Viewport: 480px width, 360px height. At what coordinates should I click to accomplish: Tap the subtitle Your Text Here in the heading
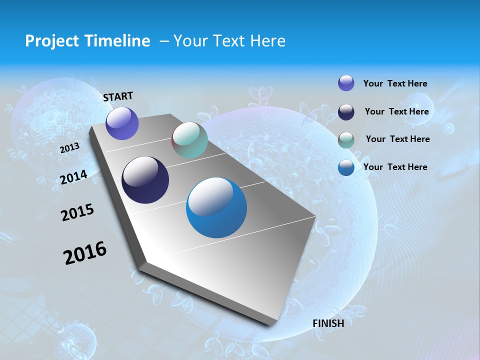tap(229, 41)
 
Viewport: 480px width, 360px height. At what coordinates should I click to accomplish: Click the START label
tap(118, 96)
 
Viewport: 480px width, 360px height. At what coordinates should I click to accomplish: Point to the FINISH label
tap(328, 323)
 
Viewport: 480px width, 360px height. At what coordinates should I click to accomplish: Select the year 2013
tap(69, 148)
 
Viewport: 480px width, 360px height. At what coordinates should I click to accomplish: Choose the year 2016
tap(85, 253)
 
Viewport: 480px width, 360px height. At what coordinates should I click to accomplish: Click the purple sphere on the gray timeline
tap(122, 123)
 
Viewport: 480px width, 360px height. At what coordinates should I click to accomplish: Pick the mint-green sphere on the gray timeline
tap(189, 140)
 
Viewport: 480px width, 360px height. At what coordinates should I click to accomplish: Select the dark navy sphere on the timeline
tap(145, 180)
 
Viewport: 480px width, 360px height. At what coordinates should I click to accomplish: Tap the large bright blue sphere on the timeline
tap(216, 207)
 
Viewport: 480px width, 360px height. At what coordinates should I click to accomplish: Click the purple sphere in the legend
tap(346, 83)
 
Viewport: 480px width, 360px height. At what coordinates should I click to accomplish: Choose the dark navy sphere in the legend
tap(346, 111)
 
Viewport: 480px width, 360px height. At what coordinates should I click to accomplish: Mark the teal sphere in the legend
tap(346, 139)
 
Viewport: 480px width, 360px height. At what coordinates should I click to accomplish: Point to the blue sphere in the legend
tap(346, 167)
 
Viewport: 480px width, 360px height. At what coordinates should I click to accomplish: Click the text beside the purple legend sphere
tap(395, 83)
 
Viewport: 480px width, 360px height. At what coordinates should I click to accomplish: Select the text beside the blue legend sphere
tap(395, 167)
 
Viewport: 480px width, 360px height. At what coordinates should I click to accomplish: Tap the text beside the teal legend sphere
tap(397, 139)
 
